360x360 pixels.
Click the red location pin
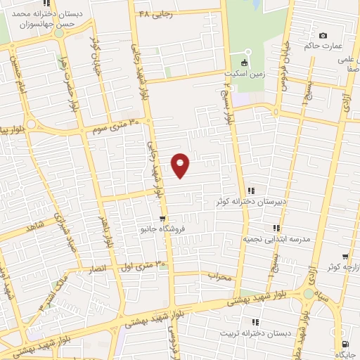[x=181, y=165]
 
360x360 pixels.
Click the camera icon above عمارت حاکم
[x=323, y=35]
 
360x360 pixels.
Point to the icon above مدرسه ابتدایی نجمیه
[x=276, y=228]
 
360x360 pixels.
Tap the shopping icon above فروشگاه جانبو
[x=162, y=217]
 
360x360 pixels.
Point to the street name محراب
[x=219, y=276]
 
